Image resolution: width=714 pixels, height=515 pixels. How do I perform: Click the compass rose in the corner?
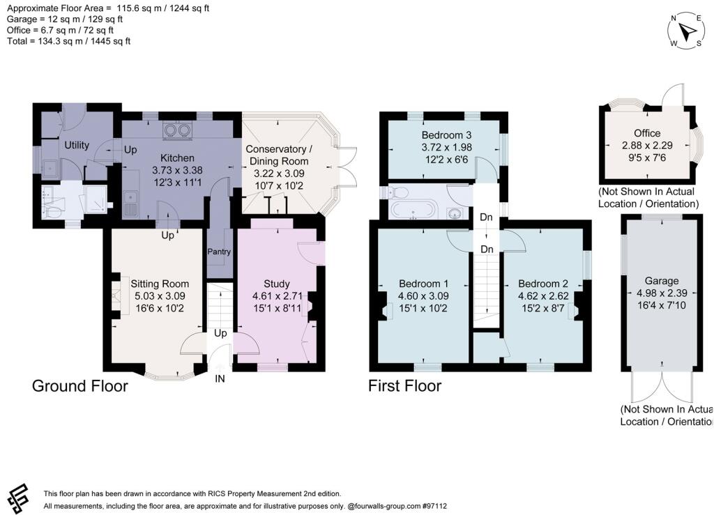point(686,31)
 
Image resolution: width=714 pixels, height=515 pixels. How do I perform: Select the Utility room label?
point(76,145)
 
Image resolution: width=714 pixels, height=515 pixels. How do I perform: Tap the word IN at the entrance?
point(220,379)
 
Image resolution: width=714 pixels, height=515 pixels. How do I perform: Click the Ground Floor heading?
point(80,385)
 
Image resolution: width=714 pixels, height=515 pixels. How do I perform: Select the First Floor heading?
point(404,385)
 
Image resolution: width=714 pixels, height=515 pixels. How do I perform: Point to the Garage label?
point(661,281)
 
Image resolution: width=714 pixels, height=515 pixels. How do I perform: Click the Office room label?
point(646,134)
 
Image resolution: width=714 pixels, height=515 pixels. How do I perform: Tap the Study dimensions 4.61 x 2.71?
point(277,296)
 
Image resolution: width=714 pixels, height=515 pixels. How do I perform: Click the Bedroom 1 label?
point(423,284)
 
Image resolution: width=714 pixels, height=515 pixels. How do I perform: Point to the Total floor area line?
point(68,41)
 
